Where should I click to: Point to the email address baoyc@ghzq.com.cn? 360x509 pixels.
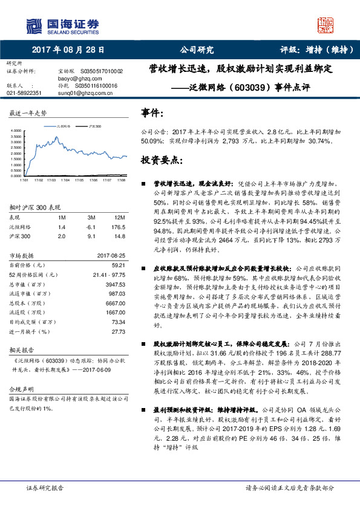[79, 79]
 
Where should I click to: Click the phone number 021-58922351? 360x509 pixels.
[24, 93]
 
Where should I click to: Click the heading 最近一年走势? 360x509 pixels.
[27, 113]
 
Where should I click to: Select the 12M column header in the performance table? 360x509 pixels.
[119, 216]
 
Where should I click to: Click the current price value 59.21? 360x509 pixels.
[118, 264]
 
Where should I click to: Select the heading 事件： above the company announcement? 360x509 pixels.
[152, 112]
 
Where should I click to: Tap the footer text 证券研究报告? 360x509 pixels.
[44, 488]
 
